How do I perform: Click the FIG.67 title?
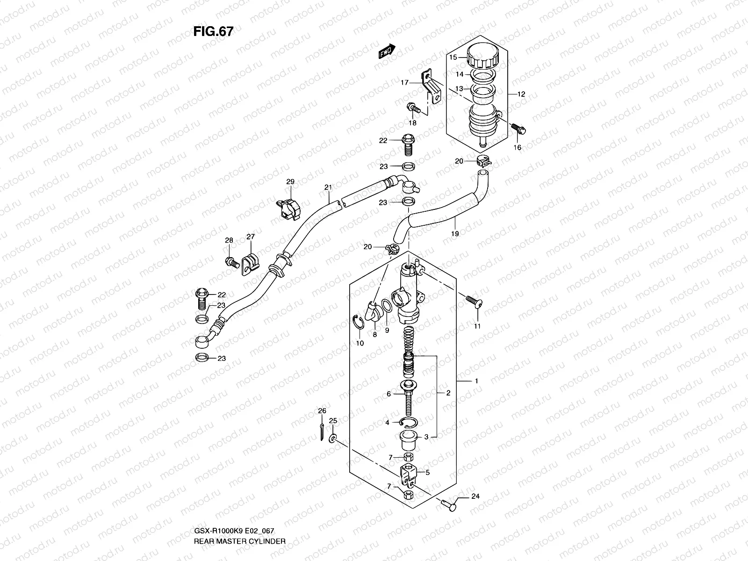[x=213, y=31]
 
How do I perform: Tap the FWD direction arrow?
[x=387, y=51]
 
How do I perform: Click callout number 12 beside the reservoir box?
[x=521, y=94]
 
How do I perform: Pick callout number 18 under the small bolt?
[x=412, y=123]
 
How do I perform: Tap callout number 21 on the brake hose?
[x=328, y=187]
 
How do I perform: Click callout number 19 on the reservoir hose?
[x=455, y=233]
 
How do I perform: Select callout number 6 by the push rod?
[x=388, y=394]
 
